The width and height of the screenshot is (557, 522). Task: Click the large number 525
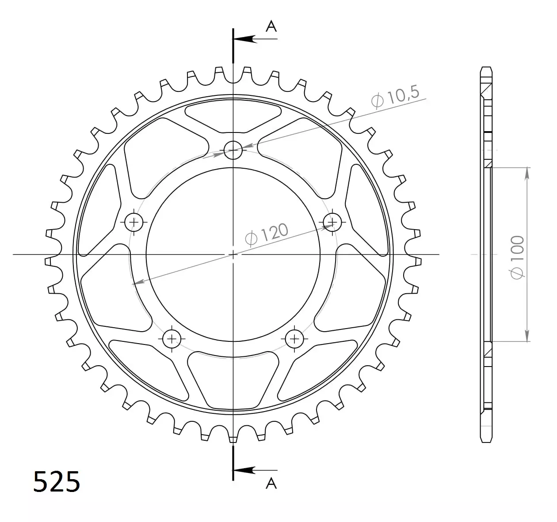tap(57, 481)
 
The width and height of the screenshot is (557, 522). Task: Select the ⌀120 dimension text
tap(267, 235)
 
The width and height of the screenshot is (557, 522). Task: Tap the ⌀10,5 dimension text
tap(395, 96)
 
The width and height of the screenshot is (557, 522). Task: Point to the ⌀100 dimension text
tap(517, 257)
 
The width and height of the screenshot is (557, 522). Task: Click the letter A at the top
tap(271, 26)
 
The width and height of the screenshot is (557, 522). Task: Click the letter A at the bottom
tap(271, 491)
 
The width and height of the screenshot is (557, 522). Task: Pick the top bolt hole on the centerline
tap(233, 150)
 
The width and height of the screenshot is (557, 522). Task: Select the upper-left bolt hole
tap(134, 222)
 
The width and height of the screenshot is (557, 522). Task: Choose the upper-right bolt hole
tap(332, 222)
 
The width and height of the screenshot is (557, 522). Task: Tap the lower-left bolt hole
tap(172, 339)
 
